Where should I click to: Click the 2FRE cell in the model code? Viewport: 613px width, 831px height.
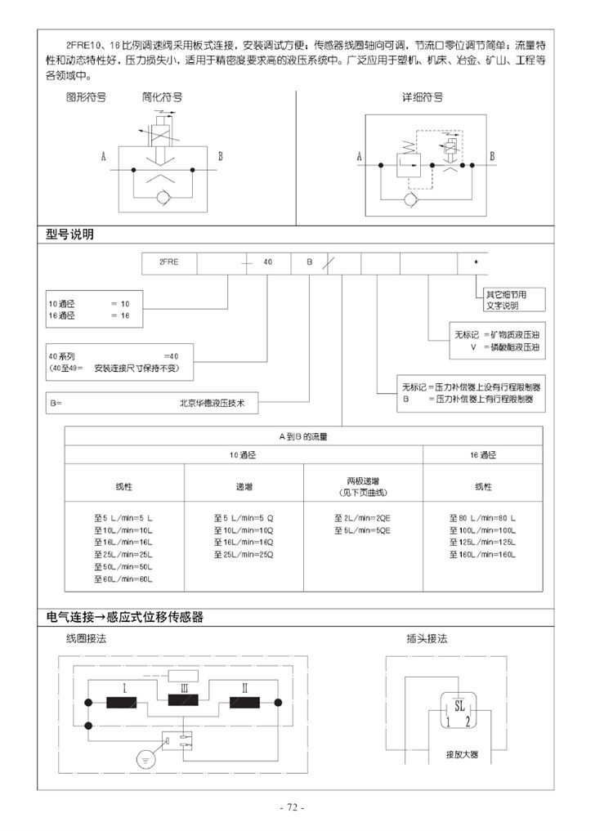click(169, 263)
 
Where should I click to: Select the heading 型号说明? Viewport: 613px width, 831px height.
click(69, 235)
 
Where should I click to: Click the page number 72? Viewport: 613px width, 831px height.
click(292, 807)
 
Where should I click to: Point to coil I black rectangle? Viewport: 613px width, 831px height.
click(122, 702)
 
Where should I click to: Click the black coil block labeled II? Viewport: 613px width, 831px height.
click(244, 702)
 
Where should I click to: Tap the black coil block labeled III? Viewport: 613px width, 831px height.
click(183, 699)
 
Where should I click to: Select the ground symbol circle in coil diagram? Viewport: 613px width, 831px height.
click(145, 759)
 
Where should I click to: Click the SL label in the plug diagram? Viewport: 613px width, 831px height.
click(459, 705)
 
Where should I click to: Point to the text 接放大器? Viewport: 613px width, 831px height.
click(462, 754)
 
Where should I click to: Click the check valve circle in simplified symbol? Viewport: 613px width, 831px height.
click(163, 198)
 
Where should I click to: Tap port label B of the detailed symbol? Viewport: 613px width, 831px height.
click(492, 156)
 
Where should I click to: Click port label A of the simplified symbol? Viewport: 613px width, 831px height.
click(104, 156)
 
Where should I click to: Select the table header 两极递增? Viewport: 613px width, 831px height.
click(363, 481)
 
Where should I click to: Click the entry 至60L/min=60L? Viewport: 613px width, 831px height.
click(123, 579)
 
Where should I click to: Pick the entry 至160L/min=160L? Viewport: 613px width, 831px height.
click(482, 555)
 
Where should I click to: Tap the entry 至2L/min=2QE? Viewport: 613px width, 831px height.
click(362, 518)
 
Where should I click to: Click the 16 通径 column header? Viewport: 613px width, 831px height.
click(482, 455)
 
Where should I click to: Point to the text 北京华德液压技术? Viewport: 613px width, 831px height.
click(213, 403)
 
